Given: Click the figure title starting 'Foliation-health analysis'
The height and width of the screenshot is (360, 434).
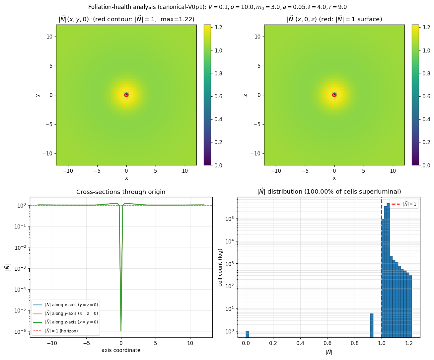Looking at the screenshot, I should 217,7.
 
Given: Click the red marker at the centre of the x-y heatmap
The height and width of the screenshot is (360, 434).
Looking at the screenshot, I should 126,95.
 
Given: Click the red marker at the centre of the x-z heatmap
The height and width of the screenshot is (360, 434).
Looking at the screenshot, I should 334,95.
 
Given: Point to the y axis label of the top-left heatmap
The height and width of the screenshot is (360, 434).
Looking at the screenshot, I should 37,95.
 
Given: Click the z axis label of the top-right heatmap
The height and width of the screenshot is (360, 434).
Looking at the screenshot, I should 245,95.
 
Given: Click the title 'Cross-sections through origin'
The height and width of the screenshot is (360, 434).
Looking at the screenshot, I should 121,192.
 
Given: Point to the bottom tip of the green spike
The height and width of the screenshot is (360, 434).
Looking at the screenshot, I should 121,331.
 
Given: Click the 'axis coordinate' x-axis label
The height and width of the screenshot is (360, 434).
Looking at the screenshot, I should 121,350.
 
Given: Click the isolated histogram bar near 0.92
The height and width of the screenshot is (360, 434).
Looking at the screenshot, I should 372,325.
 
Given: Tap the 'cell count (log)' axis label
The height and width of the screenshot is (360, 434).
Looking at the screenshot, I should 220,267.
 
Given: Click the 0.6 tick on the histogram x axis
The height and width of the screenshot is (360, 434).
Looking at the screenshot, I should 327,343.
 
